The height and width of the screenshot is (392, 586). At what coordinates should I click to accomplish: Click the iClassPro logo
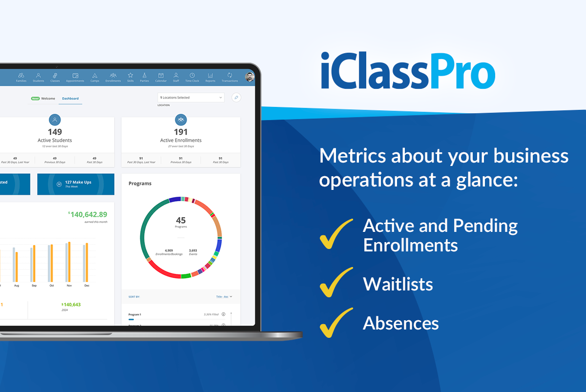tap(408, 71)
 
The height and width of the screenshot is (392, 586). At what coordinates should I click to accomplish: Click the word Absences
tap(400, 323)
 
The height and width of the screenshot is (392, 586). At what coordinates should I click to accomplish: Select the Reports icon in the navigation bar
tap(210, 77)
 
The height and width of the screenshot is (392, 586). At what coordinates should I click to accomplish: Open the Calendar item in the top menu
tap(161, 77)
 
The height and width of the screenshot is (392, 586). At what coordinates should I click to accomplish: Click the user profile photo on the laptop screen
tap(250, 77)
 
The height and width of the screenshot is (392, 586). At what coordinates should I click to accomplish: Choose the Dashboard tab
tap(70, 99)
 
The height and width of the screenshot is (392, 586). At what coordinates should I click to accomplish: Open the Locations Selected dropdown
tap(190, 98)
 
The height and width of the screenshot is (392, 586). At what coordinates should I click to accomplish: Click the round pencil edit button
tap(236, 98)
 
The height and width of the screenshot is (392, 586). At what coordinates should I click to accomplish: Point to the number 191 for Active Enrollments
tap(181, 132)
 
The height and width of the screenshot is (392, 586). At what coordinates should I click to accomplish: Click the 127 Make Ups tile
tap(76, 184)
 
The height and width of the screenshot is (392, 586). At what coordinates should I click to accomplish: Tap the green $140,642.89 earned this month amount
tap(87, 214)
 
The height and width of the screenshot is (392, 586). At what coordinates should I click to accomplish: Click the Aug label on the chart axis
tap(17, 285)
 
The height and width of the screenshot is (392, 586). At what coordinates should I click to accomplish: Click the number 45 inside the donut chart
tap(181, 220)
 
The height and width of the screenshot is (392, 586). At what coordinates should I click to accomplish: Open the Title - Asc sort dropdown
tap(224, 296)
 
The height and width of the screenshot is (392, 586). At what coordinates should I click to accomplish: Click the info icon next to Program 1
tap(223, 314)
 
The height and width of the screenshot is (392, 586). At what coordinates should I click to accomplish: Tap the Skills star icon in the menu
tap(130, 77)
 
